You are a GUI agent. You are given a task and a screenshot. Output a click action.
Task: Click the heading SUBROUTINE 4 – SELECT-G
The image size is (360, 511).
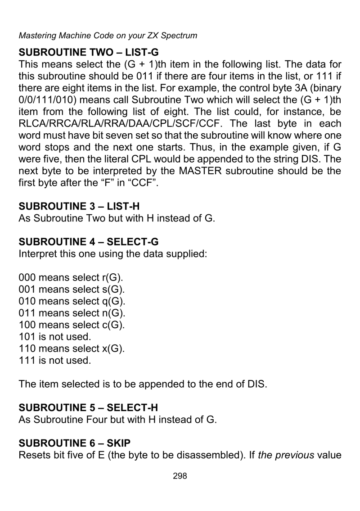click(88, 242)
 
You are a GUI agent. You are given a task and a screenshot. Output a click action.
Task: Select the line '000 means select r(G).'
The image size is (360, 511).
click(71, 278)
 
